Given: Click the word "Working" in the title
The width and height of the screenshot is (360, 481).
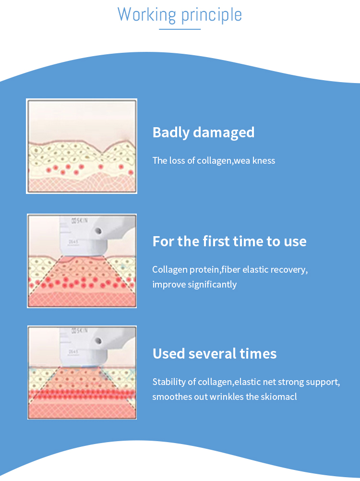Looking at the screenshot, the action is pos(146,14).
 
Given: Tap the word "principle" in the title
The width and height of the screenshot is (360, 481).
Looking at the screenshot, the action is pos(212,15).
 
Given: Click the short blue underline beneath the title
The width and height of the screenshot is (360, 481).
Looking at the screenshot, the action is pos(180,29).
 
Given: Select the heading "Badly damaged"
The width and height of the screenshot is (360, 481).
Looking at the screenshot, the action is pos(204,132).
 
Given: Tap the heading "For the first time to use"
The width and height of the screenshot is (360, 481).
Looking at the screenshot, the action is pos(229,241).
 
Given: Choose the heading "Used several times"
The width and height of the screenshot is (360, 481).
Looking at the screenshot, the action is pos(215,353).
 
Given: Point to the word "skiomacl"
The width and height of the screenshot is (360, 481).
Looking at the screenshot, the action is pos(279,397).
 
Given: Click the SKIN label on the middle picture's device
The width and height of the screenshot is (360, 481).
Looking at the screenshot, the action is pos(79,220).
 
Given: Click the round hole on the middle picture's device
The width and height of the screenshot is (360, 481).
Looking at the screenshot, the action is pos(98,231).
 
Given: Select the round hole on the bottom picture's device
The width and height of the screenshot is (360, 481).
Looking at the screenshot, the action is pos(98,341).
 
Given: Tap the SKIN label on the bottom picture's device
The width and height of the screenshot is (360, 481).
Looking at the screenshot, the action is pos(79,331).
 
